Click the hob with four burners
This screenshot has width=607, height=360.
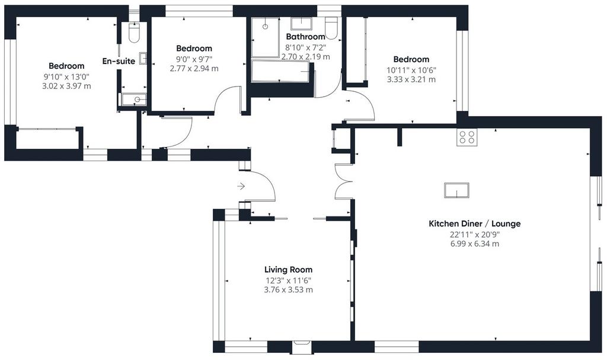click(467, 137)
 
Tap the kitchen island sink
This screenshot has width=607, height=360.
click(456, 190)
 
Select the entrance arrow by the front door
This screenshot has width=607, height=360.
click(241, 186)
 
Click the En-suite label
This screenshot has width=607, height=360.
click(119, 61)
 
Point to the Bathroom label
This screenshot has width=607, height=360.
click(305, 37)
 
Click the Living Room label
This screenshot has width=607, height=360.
click(289, 270)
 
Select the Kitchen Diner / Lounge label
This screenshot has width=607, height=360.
click(475, 224)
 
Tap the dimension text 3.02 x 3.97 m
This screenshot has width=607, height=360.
click(66, 86)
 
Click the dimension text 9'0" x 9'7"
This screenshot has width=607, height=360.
click(194, 59)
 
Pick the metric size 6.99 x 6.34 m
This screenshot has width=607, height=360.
click(475, 244)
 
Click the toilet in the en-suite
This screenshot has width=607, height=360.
click(134, 33)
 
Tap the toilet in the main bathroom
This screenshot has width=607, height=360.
click(331, 28)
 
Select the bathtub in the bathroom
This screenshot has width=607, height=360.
click(280, 71)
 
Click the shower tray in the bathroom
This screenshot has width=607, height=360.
click(265, 37)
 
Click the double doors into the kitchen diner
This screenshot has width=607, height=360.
click(343, 181)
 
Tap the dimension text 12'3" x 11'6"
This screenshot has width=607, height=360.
click(289, 281)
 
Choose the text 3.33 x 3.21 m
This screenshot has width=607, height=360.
click(411, 79)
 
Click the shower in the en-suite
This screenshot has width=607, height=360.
click(133, 99)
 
